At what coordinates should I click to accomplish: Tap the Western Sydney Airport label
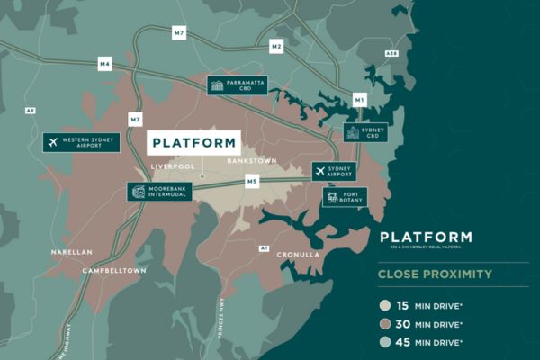tap(81, 142)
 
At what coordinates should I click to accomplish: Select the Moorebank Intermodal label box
tap(159, 192)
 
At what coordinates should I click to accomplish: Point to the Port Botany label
tap(345, 196)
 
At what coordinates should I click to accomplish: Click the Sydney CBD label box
tap(365, 133)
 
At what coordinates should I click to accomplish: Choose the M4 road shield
tap(105, 65)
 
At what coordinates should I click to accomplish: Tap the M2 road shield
tap(276, 46)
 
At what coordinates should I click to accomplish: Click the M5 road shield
tap(252, 182)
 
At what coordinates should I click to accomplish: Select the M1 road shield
tap(359, 100)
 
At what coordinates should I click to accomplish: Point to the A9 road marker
tap(31, 110)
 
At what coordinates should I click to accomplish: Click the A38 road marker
tap(391, 54)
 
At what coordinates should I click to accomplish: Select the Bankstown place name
tap(252, 160)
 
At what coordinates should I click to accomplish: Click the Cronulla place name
tap(298, 255)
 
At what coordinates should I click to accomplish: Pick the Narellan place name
tap(72, 253)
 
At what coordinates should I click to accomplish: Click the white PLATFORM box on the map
tap(193, 142)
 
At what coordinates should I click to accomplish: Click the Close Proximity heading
tap(435, 274)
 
